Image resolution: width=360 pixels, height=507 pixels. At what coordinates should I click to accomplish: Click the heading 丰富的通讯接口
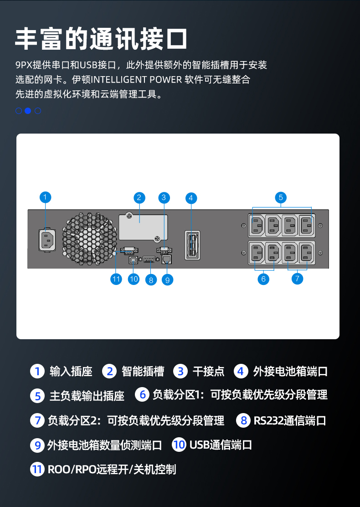(101, 38)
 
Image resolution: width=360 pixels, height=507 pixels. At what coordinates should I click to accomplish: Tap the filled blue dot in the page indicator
(28, 111)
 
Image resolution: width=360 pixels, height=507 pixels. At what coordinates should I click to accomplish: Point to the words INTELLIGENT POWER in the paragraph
(136, 80)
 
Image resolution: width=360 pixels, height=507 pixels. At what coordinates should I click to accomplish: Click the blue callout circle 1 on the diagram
(45, 197)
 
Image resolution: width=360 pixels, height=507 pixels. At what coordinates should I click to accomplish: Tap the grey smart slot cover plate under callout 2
(143, 227)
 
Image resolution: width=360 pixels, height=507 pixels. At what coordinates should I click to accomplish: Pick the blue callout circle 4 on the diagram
(191, 197)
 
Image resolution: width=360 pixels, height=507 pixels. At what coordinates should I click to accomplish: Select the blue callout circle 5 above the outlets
(281, 197)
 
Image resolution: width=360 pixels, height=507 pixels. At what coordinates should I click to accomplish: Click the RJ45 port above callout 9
(166, 260)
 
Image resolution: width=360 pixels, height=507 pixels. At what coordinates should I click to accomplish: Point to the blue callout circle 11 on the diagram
(116, 279)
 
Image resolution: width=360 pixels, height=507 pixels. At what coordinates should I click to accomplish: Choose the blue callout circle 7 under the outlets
(297, 278)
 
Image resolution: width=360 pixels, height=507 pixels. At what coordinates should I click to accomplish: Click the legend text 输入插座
(71, 372)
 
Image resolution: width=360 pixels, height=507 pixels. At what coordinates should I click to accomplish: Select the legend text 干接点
(208, 372)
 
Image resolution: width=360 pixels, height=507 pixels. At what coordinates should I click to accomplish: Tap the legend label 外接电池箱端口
(290, 372)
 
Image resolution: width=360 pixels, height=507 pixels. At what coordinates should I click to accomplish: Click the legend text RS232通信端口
(290, 420)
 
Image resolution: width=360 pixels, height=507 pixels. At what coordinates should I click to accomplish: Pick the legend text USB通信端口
(221, 445)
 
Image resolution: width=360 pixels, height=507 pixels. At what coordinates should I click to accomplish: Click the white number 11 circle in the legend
(37, 469)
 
